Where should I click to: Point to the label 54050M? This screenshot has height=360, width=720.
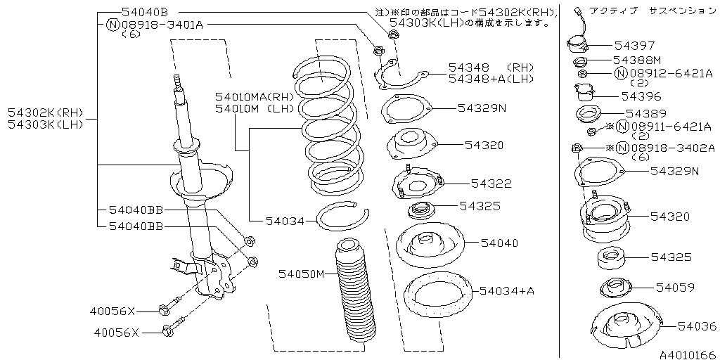[302, 273]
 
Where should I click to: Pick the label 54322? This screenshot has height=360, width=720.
[491, 184]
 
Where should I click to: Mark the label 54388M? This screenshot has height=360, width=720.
[637, 60]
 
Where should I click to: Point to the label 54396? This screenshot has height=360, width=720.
[641, 95]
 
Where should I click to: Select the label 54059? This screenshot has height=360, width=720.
[675, 287]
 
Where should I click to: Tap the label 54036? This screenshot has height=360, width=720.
[696, 326]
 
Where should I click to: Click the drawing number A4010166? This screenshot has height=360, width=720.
[686, 354]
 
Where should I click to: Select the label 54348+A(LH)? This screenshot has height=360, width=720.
[490, 78]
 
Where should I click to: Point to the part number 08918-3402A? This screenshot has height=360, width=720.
[672, 148]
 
